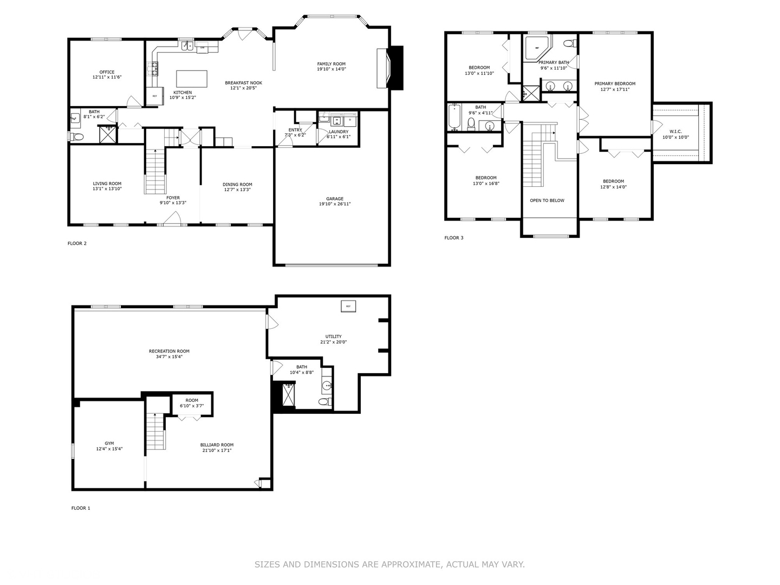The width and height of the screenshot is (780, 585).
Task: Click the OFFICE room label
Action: (107, 72)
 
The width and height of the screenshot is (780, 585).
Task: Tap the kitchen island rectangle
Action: (192, 79)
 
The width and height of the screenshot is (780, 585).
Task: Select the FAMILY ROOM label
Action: (331, 64)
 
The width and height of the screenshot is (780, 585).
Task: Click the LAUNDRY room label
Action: (339, 132)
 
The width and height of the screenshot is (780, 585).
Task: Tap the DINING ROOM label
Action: (237, 184)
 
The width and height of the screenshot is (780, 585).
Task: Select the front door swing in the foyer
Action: (172, 218)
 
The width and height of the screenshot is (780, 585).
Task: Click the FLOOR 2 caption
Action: (77, 243)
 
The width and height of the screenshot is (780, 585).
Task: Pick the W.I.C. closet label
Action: (675, 132)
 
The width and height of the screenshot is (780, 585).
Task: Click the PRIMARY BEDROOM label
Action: (615, 84)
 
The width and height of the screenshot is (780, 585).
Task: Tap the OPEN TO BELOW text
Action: (547, 200)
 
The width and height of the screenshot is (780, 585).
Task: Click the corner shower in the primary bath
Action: (536, 48)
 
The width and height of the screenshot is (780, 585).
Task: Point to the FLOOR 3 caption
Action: (454, 238)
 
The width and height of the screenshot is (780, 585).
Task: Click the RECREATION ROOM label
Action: (169, 351)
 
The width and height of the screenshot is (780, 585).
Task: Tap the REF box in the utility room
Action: (348, 306)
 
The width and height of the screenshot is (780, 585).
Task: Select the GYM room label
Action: (109, 443)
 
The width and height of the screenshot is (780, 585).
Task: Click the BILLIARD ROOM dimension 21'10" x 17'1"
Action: (217, 450)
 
